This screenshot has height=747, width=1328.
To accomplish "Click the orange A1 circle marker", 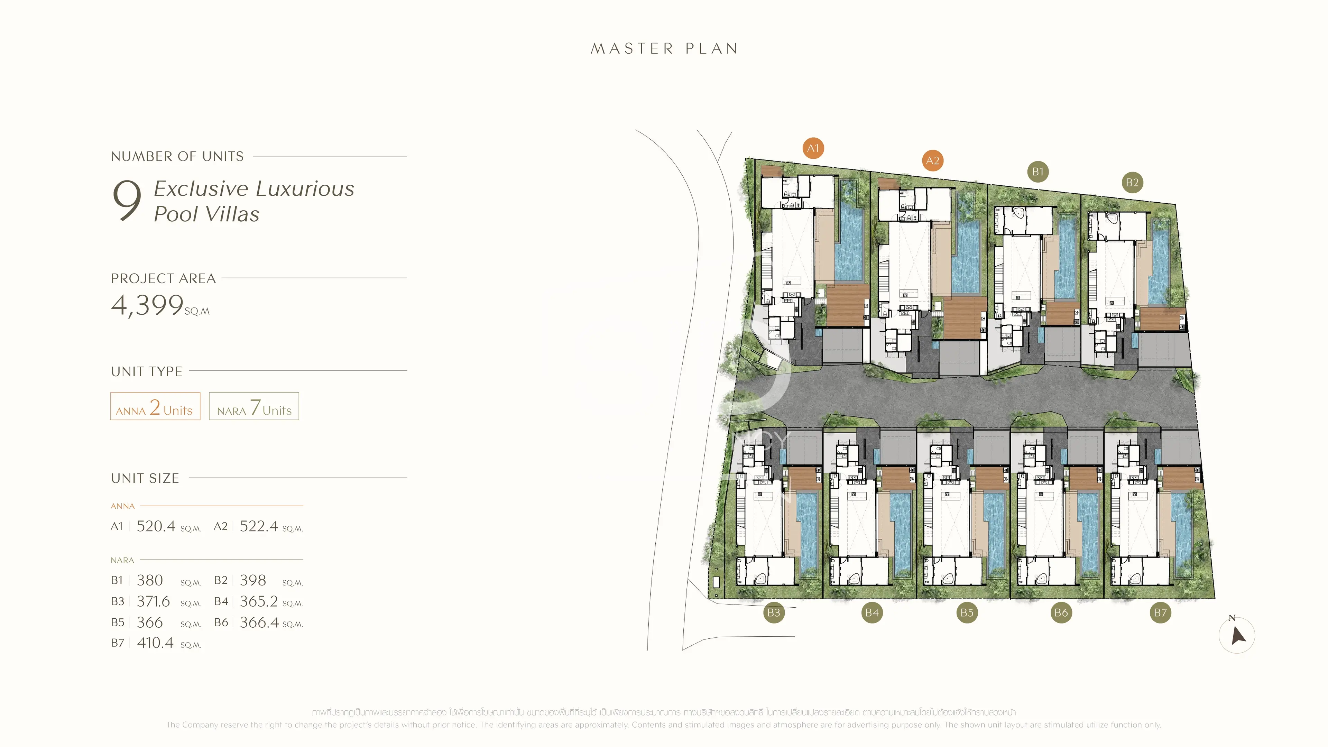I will [813, 148].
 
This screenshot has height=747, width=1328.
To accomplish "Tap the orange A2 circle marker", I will [932, 160].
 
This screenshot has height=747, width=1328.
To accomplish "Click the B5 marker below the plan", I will [967, 612].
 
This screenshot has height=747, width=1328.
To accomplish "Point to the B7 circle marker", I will [1160, 612].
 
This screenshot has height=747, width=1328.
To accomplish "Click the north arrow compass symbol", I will [1237, 635].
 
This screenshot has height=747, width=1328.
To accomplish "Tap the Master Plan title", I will [664, 48].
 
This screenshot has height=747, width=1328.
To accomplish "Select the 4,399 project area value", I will [147, 305].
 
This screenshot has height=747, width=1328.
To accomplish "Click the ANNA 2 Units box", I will [155, 407].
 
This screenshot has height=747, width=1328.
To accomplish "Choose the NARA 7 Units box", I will [253, 407].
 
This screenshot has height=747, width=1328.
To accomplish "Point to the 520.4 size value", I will [156, 526].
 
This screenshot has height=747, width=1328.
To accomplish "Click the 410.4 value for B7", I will [155, 643].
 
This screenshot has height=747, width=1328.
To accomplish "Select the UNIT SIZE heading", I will [145, 478].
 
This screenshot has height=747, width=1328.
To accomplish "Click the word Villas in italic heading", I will [232, 214].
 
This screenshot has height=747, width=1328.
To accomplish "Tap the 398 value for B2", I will [252, 581].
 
